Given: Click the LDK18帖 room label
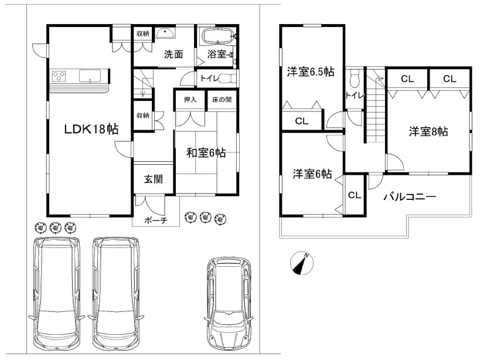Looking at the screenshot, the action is point(91,129).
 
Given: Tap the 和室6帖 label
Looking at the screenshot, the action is point(206,153).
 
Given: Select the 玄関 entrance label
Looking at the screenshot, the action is point(154,179).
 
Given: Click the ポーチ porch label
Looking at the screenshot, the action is point(156,220).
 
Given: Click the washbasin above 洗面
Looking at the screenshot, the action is point(165,33).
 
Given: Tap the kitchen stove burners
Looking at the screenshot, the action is point(59,76).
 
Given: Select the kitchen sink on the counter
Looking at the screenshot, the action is point(90,76).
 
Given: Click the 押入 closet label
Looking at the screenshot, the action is point(190,100).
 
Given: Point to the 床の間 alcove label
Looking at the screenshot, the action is point(222,100).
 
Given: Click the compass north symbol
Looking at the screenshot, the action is point(302,263).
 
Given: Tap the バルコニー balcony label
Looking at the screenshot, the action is point(410,196).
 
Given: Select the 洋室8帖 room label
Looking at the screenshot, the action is point(428,132).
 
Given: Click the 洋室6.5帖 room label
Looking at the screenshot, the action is point(311,72).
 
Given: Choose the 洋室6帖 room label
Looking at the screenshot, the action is point(312,174).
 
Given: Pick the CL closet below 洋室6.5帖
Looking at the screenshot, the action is point(302,121).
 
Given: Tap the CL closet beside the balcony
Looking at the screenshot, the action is point(355,195).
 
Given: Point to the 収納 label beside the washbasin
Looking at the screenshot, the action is point(143,33).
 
